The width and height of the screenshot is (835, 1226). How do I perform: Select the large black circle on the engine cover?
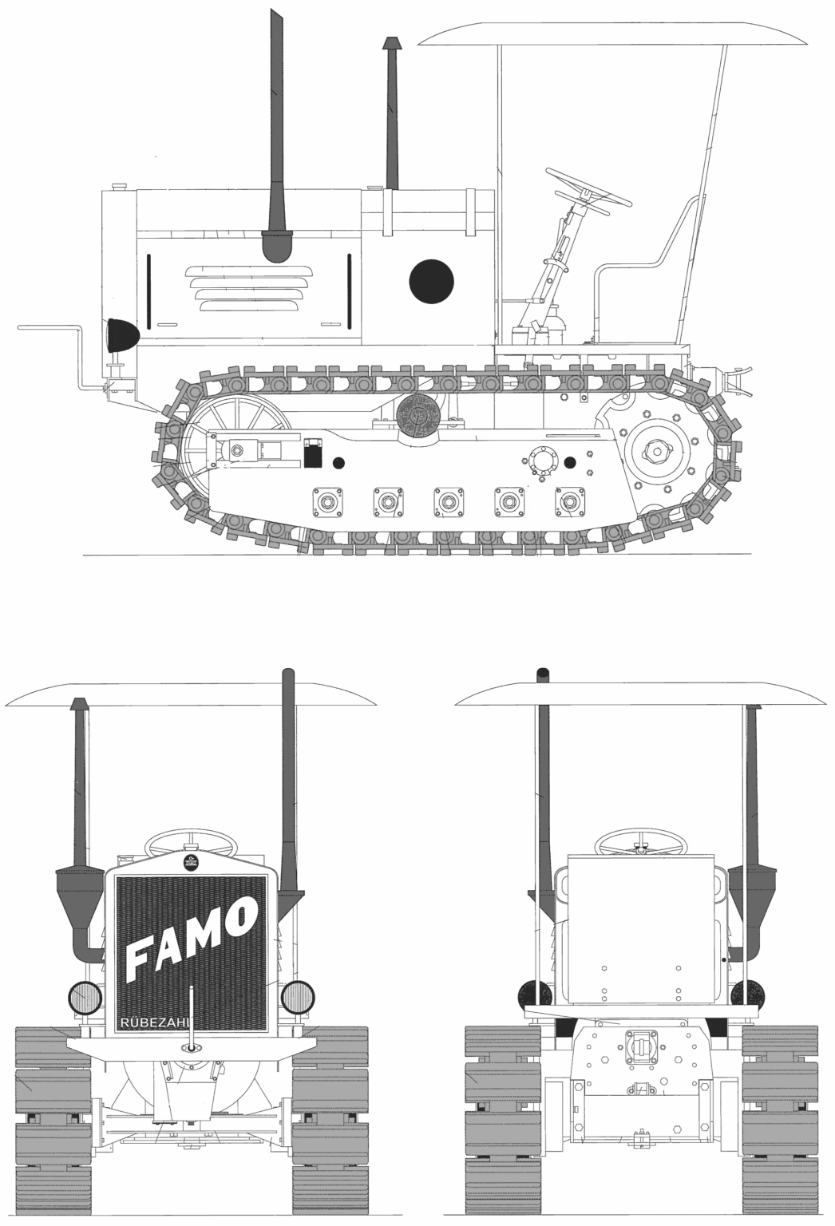click(x=431, y=281)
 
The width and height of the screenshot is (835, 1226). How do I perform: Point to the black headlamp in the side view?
click(x=121, y=335)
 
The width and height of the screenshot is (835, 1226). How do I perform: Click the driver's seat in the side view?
click(x=646, y=274)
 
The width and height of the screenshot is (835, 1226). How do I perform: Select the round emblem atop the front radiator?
click(x=191, y=860)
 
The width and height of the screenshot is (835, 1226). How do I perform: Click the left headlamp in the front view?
click(x=85, y=997)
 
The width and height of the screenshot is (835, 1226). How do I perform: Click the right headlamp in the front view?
click(x=297, y=996)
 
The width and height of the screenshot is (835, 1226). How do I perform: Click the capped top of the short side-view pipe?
click(x=392, y=43)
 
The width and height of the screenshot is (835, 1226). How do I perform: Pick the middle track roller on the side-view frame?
click(x=449, y=500)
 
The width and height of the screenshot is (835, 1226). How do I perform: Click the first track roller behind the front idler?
click(x=327, y=500)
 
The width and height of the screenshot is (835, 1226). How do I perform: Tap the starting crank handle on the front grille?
click(x=191, y=1018)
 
